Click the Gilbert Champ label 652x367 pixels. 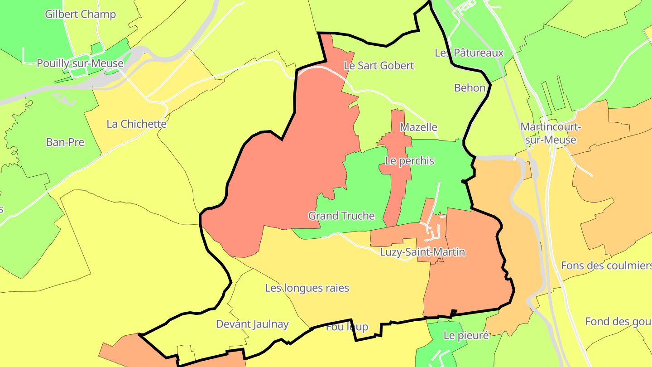point(80,14)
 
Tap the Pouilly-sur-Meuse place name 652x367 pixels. point(80,63)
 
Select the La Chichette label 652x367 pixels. point(136,124)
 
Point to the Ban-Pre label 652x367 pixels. point(65,142)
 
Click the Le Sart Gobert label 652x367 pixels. point(379,66)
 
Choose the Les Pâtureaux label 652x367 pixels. point(469,53)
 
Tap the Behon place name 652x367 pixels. point(470,88)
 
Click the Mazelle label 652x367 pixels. point(418,127)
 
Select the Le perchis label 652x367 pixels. point(409,161)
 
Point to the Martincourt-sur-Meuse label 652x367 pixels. point(550,133)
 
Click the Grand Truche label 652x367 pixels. point(341,216)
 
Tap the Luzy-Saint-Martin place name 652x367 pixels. point(422,252)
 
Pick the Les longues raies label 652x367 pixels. point(307,288)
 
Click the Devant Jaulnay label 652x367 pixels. point(252,324)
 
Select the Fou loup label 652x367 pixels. point(347,327)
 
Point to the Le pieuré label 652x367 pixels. point(466,336)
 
